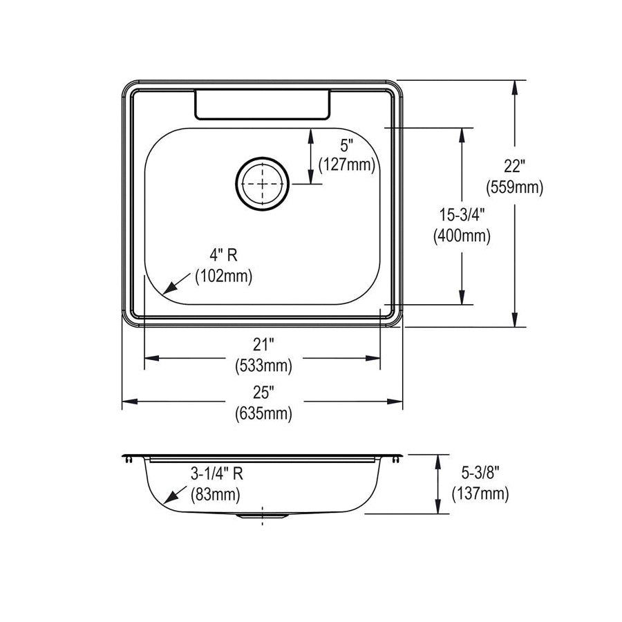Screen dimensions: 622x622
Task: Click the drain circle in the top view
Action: coord(262,157)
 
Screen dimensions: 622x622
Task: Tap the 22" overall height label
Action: coord(514,166)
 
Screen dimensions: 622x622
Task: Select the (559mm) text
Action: coord(514,187)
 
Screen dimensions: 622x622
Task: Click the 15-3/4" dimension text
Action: coord(462,215)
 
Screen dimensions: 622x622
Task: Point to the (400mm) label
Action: coord(462,236)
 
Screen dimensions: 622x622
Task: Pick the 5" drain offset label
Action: coord(347,146)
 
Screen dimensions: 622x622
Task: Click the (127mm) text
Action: coord(347,164)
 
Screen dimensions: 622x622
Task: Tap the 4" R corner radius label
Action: coord(223,254)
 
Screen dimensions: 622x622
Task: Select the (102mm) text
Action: coord(223,276)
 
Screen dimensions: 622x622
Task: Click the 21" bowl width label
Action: coord(263,345)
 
